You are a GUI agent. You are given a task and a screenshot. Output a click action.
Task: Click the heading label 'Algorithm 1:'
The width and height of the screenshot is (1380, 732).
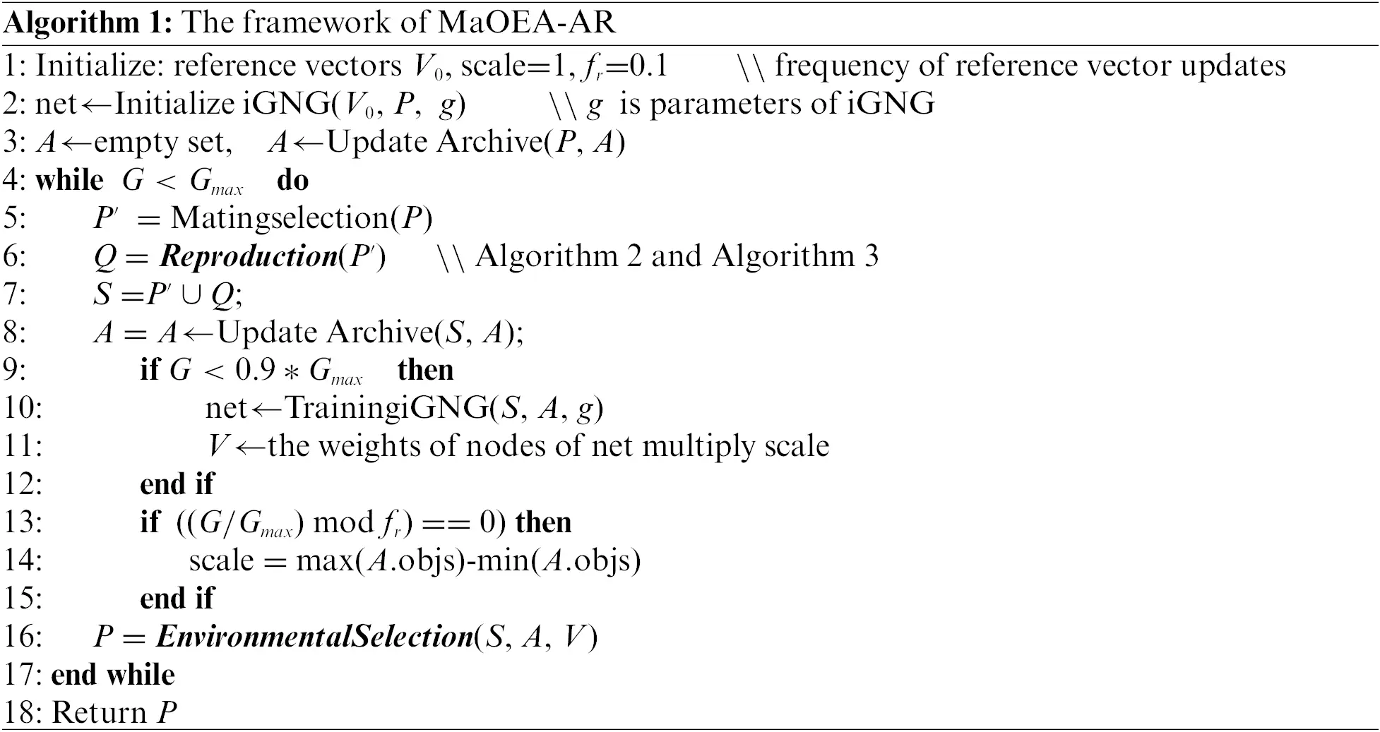88,23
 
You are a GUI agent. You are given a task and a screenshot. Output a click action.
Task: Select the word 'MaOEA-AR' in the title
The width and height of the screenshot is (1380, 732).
527,23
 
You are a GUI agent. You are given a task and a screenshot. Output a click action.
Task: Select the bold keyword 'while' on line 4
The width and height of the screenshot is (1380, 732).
69,180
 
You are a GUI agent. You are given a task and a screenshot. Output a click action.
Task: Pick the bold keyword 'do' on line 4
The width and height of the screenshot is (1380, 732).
292,180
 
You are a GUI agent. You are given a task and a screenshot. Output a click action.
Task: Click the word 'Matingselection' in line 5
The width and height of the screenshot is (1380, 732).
280,218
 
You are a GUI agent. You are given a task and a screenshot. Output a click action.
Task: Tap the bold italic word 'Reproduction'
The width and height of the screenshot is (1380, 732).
249,256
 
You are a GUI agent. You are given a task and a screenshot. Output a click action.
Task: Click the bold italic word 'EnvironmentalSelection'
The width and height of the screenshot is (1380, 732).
314,637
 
